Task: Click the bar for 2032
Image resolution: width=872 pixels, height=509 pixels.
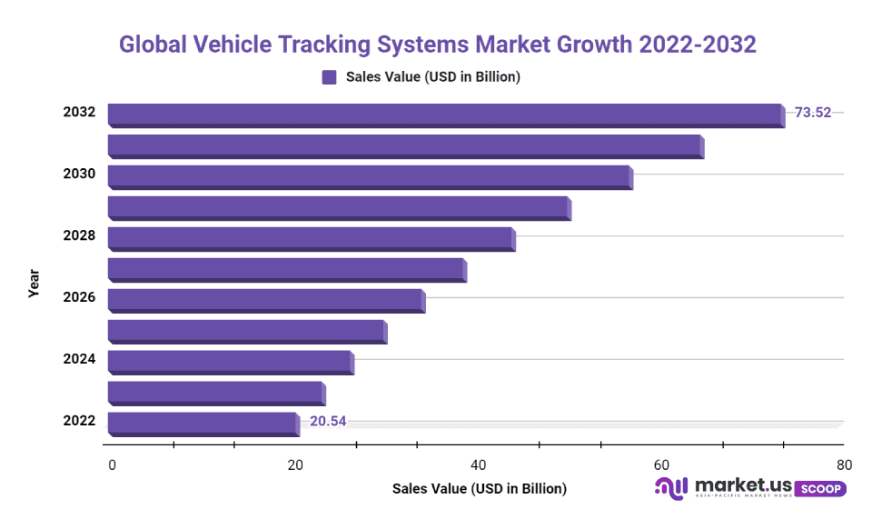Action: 445,115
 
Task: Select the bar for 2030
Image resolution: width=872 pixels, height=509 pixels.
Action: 370,176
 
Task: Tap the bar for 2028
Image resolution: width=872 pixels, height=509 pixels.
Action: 311,238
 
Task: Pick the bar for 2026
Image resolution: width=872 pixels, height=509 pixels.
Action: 265,300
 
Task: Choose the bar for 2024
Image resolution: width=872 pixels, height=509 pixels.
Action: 230,362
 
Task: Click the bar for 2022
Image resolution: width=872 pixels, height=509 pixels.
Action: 203,424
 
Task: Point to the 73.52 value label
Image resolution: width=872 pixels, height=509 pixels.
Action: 813,114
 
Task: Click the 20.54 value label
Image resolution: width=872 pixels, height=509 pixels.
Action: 328,421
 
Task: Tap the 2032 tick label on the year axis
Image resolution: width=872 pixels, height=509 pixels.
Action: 79,113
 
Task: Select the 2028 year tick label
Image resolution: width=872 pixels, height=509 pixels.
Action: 79,235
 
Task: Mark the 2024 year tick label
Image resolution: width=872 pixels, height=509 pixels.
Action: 79,359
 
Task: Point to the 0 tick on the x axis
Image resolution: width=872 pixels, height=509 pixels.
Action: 112,465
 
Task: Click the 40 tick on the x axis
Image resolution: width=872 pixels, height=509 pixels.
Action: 478,465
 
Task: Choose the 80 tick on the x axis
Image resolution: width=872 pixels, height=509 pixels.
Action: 844,465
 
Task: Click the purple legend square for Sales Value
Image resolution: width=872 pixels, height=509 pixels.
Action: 329,77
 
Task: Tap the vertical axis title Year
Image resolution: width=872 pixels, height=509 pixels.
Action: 34,283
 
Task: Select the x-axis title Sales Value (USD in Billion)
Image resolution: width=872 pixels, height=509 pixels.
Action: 479,489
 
